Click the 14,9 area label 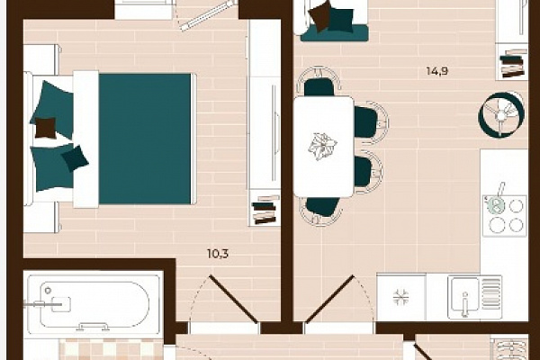437,71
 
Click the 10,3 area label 218,254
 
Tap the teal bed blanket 145,139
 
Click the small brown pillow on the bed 46,128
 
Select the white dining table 323,147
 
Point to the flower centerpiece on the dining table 322,147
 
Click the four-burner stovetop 505,216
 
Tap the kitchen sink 474,297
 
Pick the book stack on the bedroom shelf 264,210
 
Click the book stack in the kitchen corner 513,63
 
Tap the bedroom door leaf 233,300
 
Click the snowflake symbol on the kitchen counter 400,297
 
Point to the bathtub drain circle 48,291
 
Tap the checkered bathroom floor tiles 111,349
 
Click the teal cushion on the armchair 341,20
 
